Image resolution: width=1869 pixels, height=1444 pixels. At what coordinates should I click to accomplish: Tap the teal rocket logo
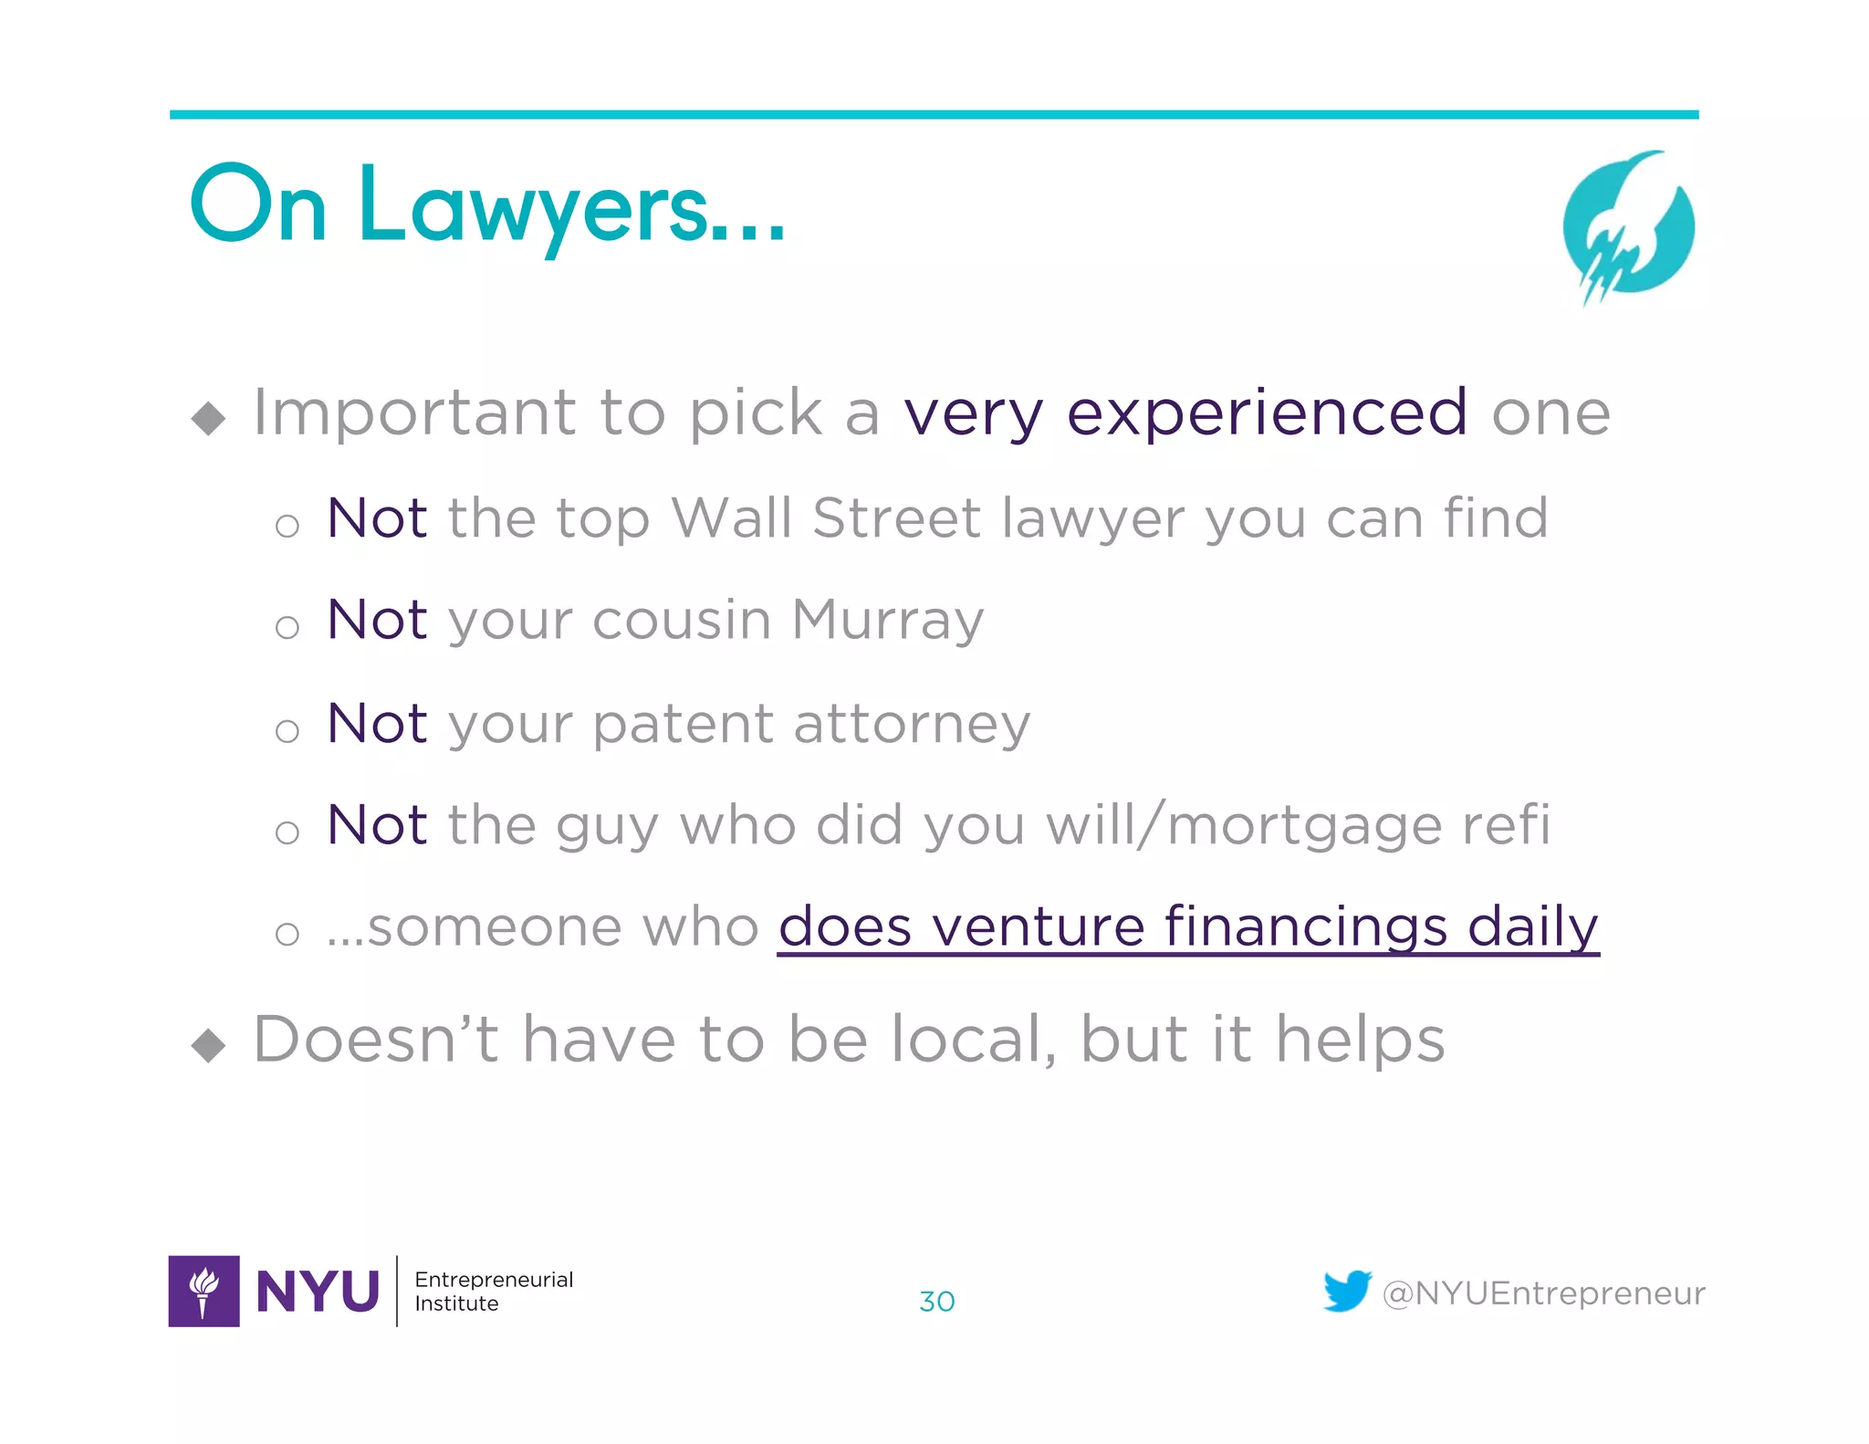(1628, 226)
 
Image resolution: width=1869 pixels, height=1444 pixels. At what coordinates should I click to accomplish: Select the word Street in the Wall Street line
(896, 518)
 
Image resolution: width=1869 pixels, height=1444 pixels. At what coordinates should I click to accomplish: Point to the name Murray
(887, 621)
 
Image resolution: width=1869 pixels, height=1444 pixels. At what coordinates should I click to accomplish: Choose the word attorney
(912, 725)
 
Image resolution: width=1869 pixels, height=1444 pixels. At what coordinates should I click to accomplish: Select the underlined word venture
(1038, 927)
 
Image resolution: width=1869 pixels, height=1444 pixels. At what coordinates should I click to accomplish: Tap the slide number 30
(936, 1301)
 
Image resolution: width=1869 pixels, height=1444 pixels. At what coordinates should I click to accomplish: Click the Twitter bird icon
(1347, 1291)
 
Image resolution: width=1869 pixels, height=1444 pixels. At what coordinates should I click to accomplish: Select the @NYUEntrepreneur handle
(1543, 1293)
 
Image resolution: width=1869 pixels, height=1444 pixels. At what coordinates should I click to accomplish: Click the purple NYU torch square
(204, 1291)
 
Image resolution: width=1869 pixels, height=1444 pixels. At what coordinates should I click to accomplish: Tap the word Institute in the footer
(456, 1303)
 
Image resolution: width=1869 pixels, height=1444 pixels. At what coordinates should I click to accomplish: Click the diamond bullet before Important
(209, 419)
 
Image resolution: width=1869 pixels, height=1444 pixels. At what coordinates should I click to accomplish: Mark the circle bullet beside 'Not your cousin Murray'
(287, 627)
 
